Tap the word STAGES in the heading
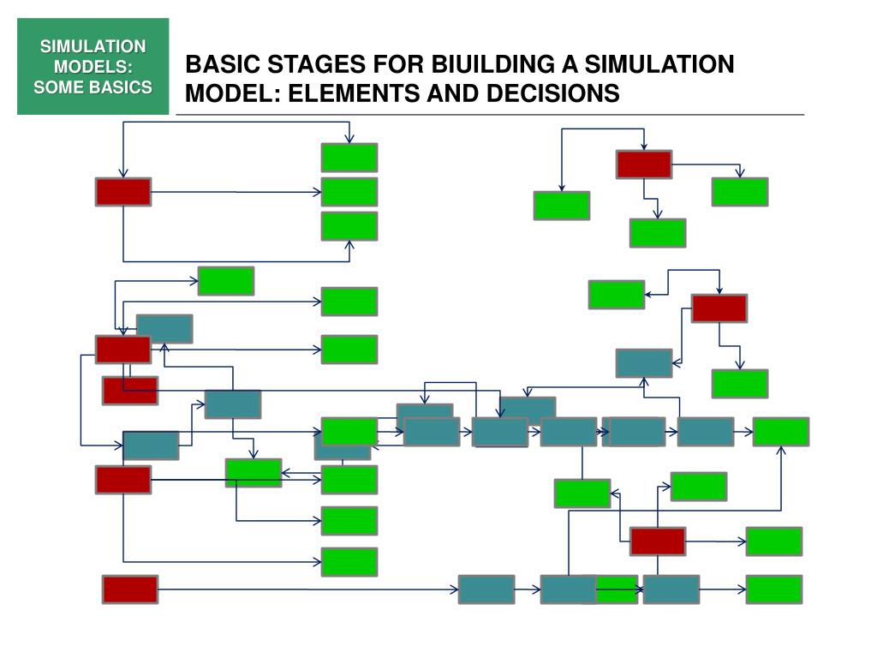[x=311, y=65]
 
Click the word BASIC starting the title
[x=224, y=65]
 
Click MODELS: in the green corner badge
[x=93, y=66]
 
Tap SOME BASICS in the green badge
[x=93, y=87]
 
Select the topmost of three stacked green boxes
[x=349, y=158]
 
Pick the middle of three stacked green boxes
[x=349, y=192]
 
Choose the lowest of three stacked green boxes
[x=349, y=226]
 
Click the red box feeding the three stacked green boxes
[x=123, y=192]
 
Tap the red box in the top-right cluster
[x=644, y=164]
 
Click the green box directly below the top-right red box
[x=658, y=233]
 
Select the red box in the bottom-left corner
[x=130, y=589]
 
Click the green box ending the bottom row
[x=774, y=589]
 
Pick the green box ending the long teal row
[x=781, y=432]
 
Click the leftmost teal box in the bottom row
[x=486, y=589]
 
